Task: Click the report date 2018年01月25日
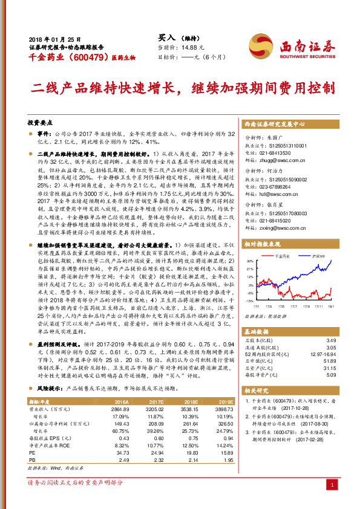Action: (51, 37)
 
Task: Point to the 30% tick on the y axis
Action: (250, 261)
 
